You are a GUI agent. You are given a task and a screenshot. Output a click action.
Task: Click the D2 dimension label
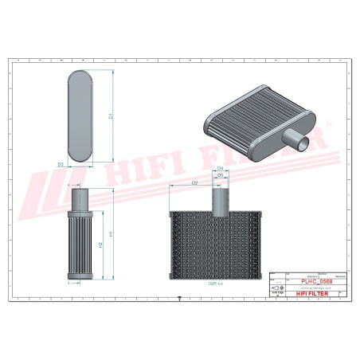point(194,184)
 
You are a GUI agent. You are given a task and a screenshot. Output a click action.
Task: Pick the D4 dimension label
point(220,169)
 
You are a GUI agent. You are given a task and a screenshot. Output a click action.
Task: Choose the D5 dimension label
point(220,176)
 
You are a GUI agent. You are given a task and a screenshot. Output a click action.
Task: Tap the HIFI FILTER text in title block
point(316,294)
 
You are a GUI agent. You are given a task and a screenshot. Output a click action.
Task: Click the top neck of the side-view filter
point(80,198)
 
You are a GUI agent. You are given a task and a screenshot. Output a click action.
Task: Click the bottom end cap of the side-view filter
point(80,277)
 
